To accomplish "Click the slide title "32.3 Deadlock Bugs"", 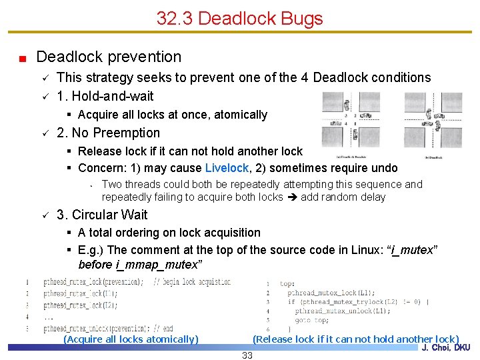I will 239,18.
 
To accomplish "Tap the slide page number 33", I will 247,355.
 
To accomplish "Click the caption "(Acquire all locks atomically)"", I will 131,339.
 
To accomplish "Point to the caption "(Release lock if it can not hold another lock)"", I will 355,339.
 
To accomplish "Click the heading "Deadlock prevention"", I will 109,57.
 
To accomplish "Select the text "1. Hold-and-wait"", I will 105,96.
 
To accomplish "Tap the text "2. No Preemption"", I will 109,133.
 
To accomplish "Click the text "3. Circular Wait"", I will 103,215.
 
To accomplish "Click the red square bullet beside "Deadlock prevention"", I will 23,58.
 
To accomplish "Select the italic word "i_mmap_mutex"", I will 140,265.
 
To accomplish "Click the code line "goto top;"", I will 311,320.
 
